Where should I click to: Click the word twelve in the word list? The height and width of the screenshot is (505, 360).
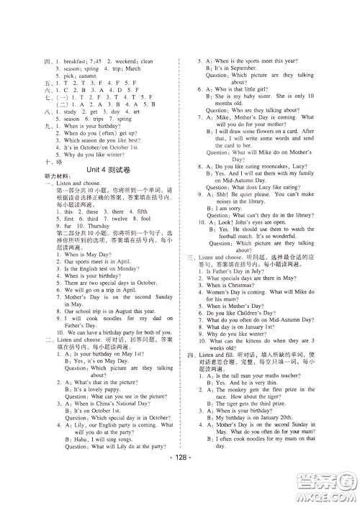(114, 237)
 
